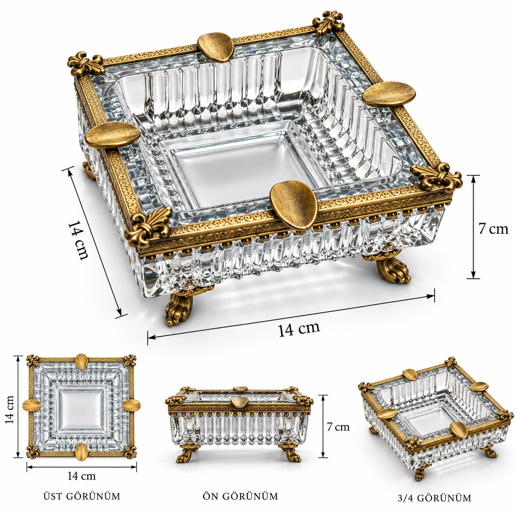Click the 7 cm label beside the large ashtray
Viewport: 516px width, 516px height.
click(x=493, y=229)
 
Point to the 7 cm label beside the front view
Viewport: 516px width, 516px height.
click(x=338, y=427)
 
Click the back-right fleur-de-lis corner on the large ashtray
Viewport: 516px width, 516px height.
click(x=328, y=23)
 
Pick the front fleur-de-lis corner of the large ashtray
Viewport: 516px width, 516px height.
click(x=149, y=225)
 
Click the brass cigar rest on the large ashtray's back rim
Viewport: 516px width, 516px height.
click(x=216, y=47)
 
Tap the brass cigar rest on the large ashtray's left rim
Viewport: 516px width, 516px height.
click(x=113, y=135)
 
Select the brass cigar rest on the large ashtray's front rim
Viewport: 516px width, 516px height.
click(x=294, y=205)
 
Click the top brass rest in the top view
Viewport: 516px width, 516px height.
click(x=81, y=362)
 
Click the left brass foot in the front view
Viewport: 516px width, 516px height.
click(x=186, y=453)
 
